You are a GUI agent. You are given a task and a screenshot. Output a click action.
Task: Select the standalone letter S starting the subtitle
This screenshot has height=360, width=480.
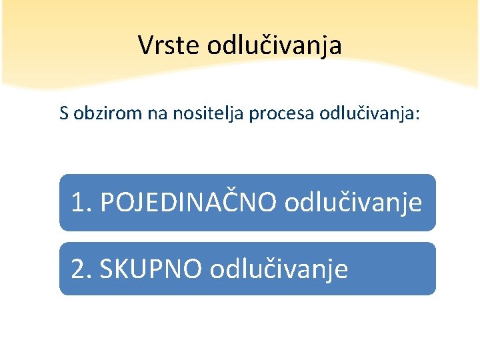(63, 114)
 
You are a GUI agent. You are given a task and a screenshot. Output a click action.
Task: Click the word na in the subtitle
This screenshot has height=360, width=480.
(157, 114)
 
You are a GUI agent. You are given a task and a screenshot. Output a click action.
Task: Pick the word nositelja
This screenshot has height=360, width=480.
(209, 114)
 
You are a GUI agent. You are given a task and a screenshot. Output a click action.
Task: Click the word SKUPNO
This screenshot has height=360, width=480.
(151, 269)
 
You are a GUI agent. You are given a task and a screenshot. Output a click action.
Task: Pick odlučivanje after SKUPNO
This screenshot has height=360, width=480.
(279, 269)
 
